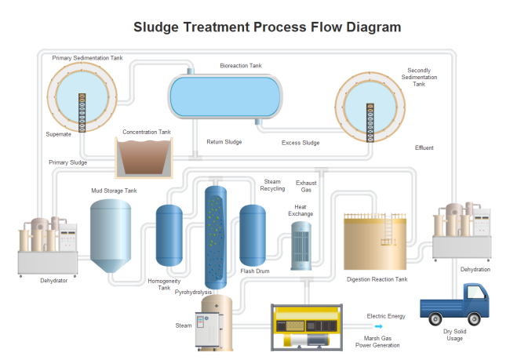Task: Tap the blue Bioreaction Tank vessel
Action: (225, 96)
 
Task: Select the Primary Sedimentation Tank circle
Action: (81, 96)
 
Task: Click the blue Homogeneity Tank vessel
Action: (169, 234)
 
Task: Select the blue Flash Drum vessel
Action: (253, 233)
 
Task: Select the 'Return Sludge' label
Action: (224, 142)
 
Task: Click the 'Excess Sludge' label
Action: (301, 143)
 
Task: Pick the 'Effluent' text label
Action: (424, 147)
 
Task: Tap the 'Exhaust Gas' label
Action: (306, 187)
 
